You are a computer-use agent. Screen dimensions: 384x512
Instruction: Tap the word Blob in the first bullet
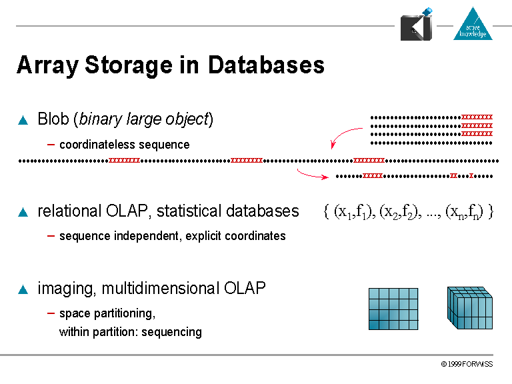pos(53,119)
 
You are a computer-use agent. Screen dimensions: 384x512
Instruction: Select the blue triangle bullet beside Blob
pos(23,121)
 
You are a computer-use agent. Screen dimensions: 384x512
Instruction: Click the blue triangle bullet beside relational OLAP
pos(23,212)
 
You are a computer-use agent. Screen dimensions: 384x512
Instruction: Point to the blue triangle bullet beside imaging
pos(23,289)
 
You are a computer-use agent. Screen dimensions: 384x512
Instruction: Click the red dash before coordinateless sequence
pos(51,144)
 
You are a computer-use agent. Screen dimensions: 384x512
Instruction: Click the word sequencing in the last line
pos(175,332)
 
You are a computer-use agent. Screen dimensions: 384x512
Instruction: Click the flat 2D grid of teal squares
pos(393,309)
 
